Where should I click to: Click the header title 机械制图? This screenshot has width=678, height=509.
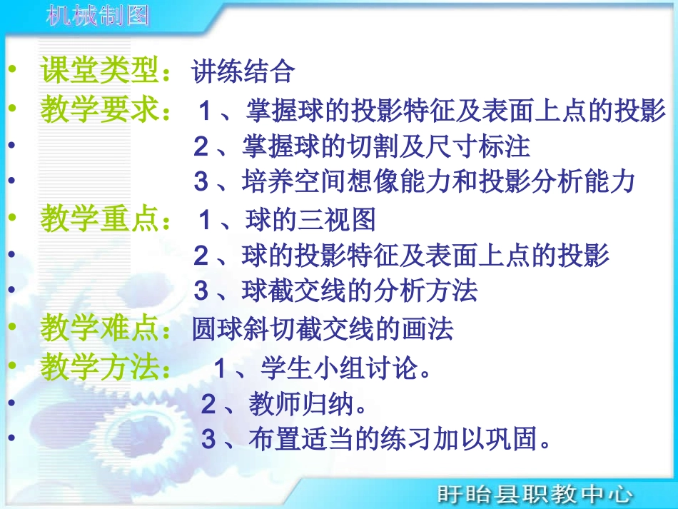click(x=98, y=15)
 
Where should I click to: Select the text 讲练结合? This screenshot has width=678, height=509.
click(x=243, y=71)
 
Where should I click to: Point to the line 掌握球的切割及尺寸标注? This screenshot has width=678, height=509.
click(x=388, y=146)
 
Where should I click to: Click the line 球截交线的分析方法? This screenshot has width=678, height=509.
click(x=359, y=291)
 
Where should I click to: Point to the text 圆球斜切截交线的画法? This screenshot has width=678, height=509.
click(x=323, y=329)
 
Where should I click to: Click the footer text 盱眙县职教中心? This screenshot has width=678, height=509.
click(x=535, y=493)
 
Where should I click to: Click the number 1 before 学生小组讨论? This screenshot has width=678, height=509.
click(x=221, y=369)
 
